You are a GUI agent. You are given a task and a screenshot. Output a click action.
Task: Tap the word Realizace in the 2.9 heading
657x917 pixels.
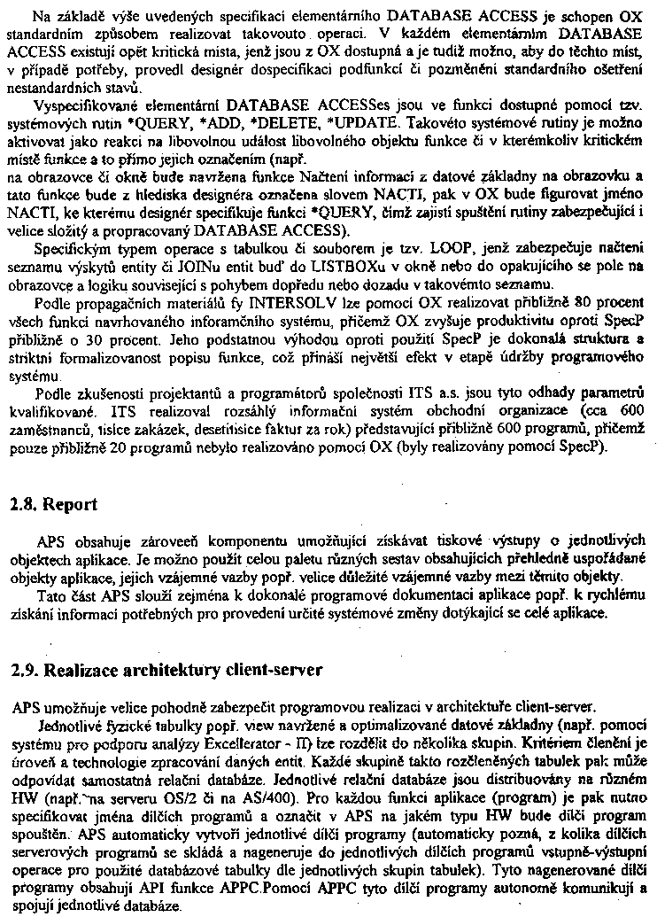coord(76,670)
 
